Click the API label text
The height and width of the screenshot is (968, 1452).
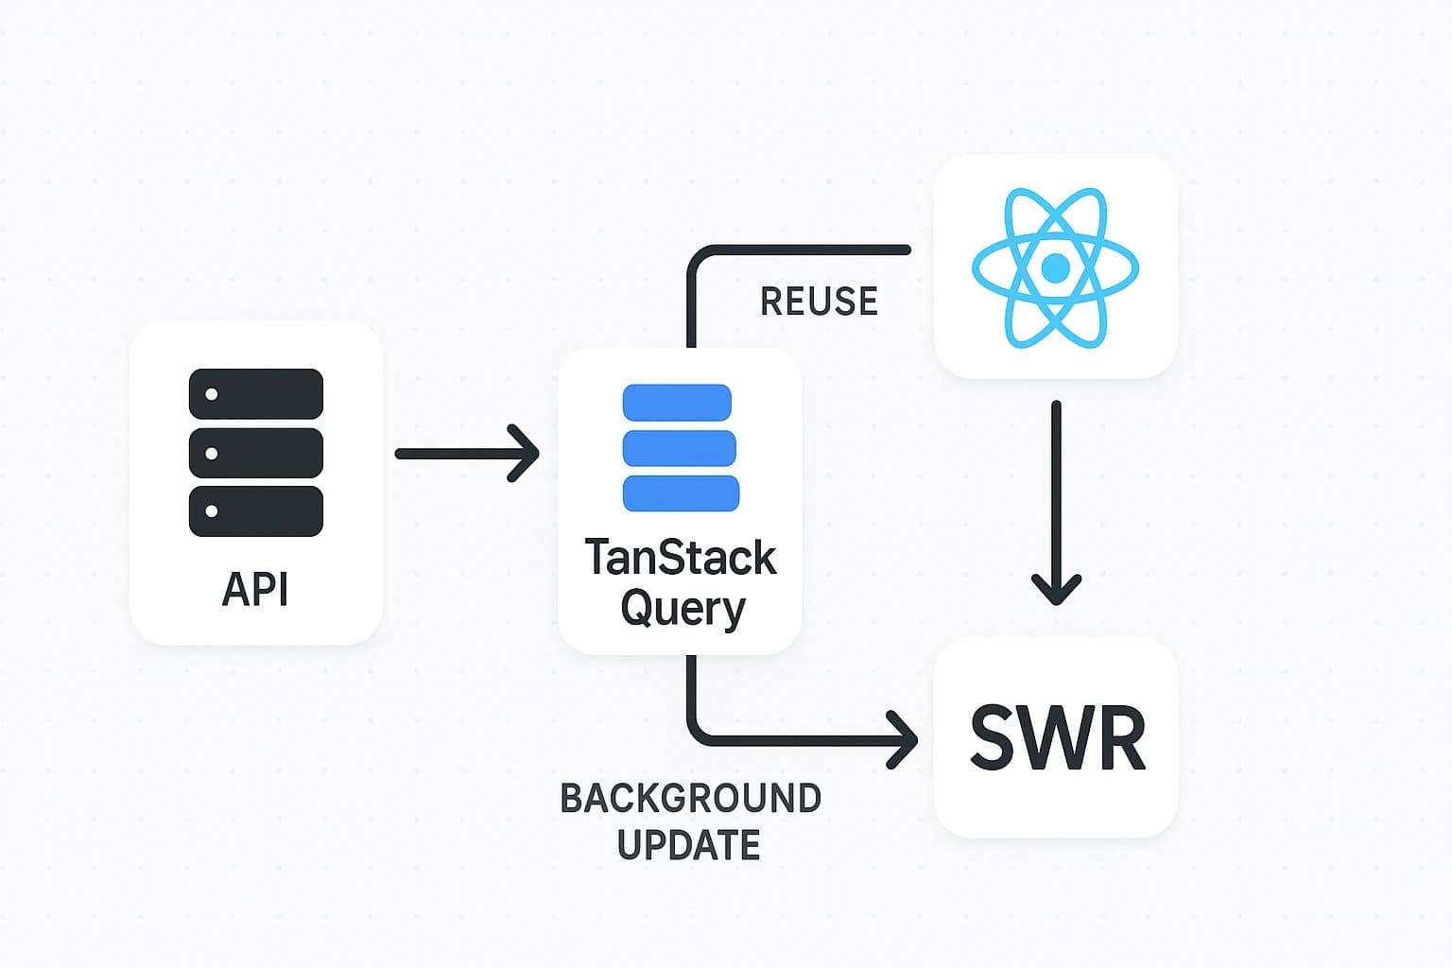tap(255, 590)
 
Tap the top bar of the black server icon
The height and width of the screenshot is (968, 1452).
tap(256, 394)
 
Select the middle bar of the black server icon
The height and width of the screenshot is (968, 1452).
tap(256, 453)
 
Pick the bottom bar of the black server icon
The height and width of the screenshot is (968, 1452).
tap(256, 511)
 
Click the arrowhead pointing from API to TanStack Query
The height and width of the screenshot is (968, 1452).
tap(526, 454)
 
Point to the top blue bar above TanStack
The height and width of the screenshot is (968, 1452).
tap(677, 403)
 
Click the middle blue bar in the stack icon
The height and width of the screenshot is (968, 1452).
tap(679, 448)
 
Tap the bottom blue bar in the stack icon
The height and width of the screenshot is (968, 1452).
tap(681, 493)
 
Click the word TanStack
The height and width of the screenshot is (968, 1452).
tap(681, 558)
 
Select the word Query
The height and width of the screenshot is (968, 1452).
tap(683, 609)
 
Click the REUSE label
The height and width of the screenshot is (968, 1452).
tap(819, 302)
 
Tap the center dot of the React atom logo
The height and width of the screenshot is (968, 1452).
tap(1055, 268)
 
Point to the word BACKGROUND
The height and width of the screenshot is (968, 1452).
tap(690, 799)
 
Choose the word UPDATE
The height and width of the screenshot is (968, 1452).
tap(688, 845)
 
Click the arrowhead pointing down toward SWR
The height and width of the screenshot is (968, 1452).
tap(1056, 591)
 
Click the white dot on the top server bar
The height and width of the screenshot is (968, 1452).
tap(212, 394)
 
